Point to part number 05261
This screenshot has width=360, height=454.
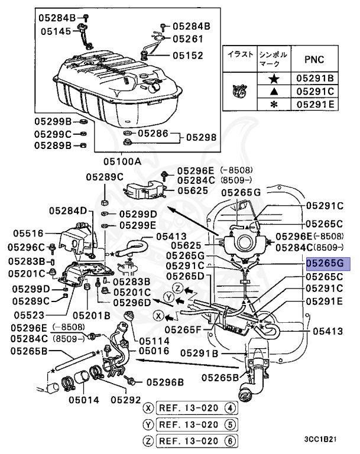point(189,39)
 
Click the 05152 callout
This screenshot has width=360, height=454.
point(189,56)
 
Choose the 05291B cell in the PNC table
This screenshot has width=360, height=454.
point(314,78)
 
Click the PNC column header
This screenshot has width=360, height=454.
point(314,59)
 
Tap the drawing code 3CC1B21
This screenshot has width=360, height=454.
point(321,440)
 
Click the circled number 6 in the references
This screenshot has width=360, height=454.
point(231,440)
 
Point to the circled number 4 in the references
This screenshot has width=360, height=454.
point(231,408)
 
